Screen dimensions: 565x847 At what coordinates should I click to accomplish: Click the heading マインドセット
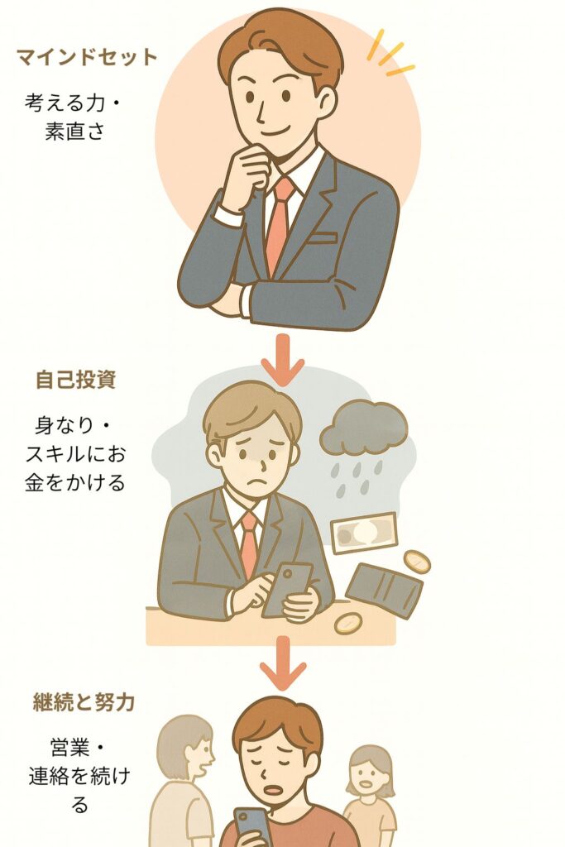pos(86,57)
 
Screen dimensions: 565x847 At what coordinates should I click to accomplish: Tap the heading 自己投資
pos(75,380)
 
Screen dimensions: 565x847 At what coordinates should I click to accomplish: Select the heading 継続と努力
pos(84,702)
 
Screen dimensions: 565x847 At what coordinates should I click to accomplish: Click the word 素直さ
pos(74,132)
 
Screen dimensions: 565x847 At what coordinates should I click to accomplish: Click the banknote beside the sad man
pos(363,534)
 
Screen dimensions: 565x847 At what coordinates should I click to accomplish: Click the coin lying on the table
pos(347,624)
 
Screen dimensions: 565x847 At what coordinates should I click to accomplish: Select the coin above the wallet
pos(416,562)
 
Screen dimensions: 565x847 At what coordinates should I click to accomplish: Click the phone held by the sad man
pos(286,590)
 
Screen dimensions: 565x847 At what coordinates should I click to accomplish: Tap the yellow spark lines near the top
pos(390,54)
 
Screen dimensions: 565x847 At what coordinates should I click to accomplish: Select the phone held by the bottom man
pos(252,829)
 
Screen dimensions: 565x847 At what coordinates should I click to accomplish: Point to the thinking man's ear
pos(326,102)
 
